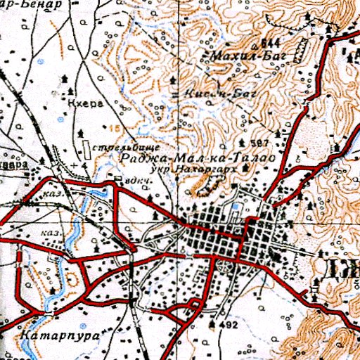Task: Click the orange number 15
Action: (114, 128)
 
